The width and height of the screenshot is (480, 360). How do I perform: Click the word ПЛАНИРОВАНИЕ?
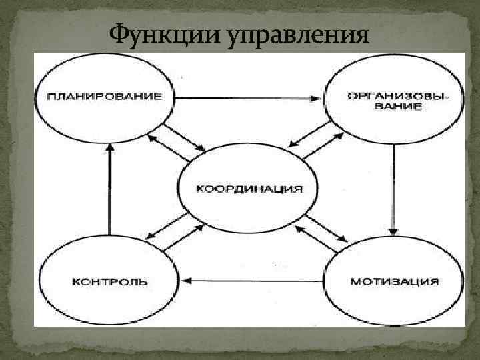pyautogui.click(x=105, y=95)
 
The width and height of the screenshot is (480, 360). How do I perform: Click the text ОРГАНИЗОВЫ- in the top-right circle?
pyautogui.click(x=398, y=95)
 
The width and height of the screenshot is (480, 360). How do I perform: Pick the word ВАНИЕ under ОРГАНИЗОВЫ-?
pyautogui.click(x=397, y=107)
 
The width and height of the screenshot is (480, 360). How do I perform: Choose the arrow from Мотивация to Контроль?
pyautogui.click(x=253, y=281)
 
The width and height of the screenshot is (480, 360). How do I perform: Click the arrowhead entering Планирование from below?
pyautogui.click(x=109, y=148)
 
